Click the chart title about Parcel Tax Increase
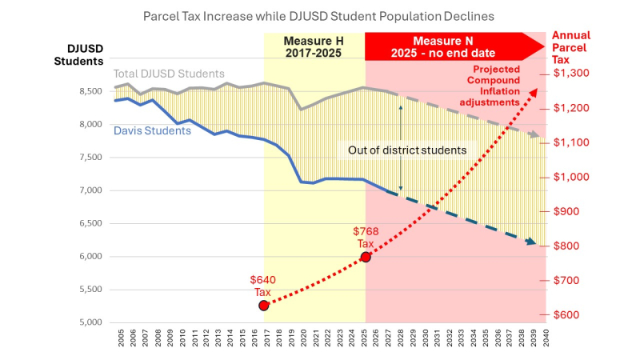tap(319, 15)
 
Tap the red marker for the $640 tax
tap(264, 306)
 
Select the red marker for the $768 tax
tap(366, 257)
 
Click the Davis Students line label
tap(152, 130)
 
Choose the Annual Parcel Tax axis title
tap(570, 47)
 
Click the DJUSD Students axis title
tap(80, 54)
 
